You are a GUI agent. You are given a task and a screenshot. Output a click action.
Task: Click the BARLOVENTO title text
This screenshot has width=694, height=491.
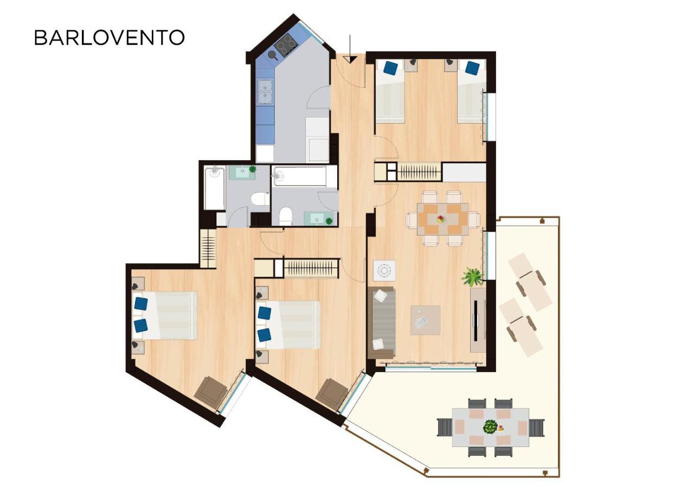coord(110,37)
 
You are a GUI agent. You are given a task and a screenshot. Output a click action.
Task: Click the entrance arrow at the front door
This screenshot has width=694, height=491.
coord(350,49)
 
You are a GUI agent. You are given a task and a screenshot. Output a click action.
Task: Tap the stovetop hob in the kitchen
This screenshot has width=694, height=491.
coord(285,46)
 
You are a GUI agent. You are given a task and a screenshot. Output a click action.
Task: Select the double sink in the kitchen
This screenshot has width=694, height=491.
coord(266,92)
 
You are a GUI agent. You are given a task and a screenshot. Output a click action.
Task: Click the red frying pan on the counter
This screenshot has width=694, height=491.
coord(273,55)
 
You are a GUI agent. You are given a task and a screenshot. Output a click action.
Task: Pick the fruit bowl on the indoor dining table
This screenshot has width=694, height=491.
coord(441,219)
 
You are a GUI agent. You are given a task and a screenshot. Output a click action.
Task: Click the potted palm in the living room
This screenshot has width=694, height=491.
coord(472,277)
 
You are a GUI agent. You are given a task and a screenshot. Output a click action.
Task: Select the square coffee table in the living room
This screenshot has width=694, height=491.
coord(426,320)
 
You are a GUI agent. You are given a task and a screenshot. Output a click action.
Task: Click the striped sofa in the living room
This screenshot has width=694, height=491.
coord(382,323)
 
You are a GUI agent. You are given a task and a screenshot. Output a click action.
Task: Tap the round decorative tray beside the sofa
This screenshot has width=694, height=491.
coord(384,271)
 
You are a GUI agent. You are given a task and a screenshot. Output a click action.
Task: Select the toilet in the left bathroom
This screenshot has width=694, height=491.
coord(260,199)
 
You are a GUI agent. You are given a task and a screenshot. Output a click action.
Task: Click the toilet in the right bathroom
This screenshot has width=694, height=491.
coord(286,216)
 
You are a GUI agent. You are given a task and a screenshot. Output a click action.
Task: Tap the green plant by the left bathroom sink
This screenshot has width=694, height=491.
coord(253,169)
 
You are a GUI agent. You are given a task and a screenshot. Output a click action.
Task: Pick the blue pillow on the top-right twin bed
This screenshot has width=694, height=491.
coord(472,68)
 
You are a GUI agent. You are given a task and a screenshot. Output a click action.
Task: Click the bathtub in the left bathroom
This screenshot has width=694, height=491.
coord(214,188)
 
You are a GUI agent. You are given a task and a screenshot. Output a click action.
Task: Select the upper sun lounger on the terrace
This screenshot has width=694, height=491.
coord(530,282)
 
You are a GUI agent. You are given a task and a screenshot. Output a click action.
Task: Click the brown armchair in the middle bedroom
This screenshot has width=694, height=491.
coord(332,394)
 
